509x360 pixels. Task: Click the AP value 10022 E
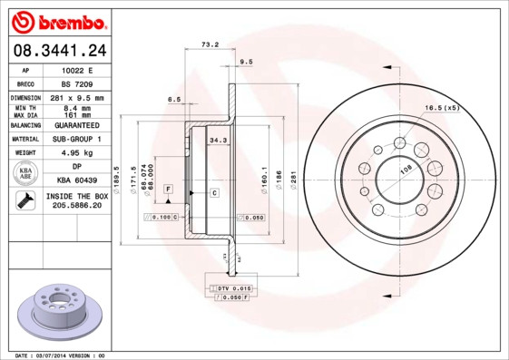click(x=77, y=70)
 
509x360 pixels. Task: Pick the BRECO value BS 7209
click(x=77, y=83)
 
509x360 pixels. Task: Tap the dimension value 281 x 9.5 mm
click(x=77, y=97)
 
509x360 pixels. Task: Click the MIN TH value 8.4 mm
click(x=77, y=107)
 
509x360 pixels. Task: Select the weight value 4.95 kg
click(x=77, y=153)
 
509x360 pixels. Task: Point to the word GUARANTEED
click(x=77, y=125)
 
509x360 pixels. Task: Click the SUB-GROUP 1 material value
click(x=77, y=140)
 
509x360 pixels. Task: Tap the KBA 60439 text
click(x=77, y=181)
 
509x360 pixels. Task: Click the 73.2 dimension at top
click(x=210, y=44)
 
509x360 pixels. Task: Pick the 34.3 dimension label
click(x=218, y=141)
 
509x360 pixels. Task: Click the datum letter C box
click(x=214, y=193)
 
